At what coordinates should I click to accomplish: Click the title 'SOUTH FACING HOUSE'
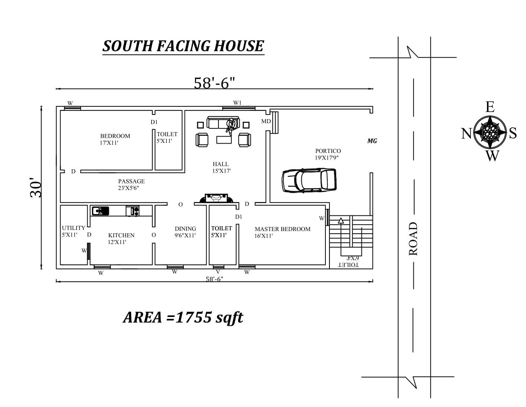point(183,46)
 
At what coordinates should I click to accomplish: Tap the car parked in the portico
point(309,180)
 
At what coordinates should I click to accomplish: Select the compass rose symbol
point(490,131)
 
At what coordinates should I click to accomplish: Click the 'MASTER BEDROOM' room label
point(282,229)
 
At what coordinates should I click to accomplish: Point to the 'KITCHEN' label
point(121,235)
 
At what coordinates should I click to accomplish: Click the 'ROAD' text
point(413,238)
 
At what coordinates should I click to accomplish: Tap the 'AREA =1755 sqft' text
point(183,317)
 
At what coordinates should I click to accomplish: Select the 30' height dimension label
point(36,189)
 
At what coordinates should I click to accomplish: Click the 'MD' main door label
point(266,121)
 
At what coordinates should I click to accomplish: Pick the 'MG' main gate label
point(372,141)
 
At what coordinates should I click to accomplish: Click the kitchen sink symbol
point(100,211)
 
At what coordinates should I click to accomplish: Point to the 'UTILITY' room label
point(74,228)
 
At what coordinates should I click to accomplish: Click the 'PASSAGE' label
point(131,181)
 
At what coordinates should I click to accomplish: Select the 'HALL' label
point(221,164)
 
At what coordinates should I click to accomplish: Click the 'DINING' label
point(185,229)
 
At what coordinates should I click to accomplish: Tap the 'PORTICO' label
point(328,151)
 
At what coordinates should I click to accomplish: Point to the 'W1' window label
point(237,103)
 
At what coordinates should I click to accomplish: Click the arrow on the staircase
point(341,220)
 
